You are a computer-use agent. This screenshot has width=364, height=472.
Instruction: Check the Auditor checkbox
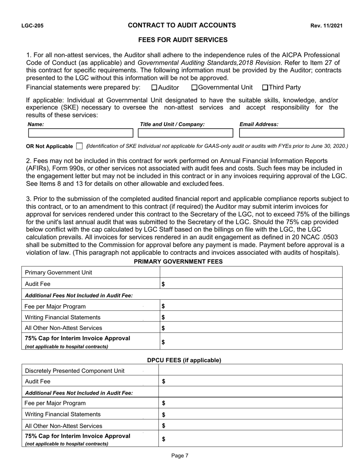coord(154,87)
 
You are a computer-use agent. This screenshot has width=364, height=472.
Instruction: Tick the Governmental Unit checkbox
coord(194,87)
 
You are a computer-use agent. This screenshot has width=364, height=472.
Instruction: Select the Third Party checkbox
coord(265,87)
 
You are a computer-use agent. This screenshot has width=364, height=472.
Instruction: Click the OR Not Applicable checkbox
coord(79,146)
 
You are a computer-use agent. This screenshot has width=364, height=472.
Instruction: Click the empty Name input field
coord(80,133)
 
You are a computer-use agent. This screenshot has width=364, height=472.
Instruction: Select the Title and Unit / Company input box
coord(185,133)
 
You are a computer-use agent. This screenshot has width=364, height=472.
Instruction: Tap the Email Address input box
coord(292,133)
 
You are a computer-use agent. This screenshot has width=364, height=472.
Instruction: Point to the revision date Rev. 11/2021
coord(326,26)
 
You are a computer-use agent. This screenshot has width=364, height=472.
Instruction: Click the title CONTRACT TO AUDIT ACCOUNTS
coord(182,26)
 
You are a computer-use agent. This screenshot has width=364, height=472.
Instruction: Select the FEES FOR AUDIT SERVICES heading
coord(183,40)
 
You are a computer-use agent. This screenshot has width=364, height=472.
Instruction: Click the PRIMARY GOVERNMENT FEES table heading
coord(178,261)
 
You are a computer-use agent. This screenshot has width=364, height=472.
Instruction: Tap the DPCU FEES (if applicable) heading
coord(184,360)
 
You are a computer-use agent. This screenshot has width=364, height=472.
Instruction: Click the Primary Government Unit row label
coord(58,272)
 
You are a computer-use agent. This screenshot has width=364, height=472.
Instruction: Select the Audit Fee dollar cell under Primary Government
coord(251,284)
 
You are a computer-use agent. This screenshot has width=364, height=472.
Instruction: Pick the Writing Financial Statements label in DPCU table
coord(63,414)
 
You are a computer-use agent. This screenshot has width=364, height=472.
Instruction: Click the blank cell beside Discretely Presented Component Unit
coord(250,370)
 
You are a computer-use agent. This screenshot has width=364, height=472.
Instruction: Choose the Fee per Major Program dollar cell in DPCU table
coord(250,403)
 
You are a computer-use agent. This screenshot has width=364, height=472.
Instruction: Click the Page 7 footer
coord(180,456)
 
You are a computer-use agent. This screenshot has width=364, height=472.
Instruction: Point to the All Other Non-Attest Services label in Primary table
coord(64,328)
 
